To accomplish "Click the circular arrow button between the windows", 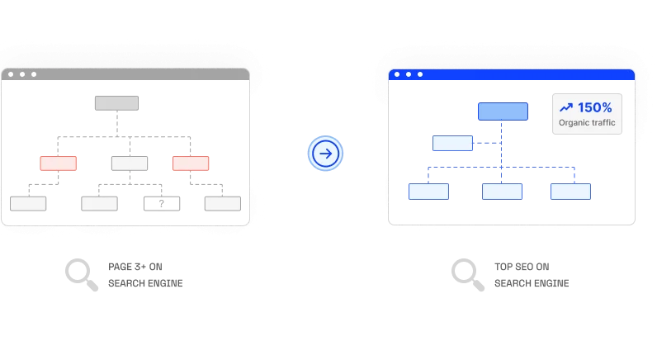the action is click(x=325, y=154).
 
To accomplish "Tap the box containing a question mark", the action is click(x=162, y=204).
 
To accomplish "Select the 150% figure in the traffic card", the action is click(x=594, y=107).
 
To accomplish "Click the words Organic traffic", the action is click(x=587, y=122).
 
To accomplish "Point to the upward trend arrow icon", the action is click(x=566, y=107).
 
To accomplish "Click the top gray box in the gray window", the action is click(x=116, y=103).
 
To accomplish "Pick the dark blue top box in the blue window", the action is click(x=503, y=111).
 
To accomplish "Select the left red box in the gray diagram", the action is click(x=59, y=163).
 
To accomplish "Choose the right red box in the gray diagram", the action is click(x=191, y=163).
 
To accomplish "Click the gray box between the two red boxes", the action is click(x=130, y=163).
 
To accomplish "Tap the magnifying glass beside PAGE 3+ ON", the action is click(x=82, y=275).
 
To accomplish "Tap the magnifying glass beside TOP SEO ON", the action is click(x=468, y=275).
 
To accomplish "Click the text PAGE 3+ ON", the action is click(x=135, y=267).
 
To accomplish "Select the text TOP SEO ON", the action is click(x=522, y=267).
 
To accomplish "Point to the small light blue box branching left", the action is click(x=452, y=144).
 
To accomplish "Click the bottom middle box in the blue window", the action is click(x=502, y=192).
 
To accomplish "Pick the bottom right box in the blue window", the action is click(x=570, y=192).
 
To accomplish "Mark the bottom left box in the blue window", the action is click(x=428, y=192).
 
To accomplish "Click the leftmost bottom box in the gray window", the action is click(x=28, y=204).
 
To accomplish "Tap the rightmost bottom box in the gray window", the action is click(x=223, y=204).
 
